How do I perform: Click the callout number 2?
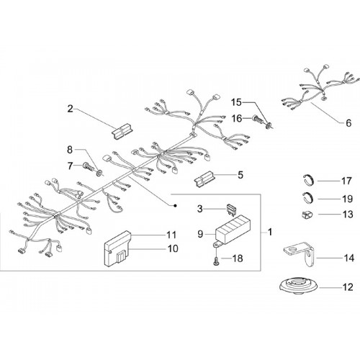[70, 109]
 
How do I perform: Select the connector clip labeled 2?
[122, 131]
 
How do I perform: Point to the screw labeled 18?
[217, 261]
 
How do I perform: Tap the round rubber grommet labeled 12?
[300, 286]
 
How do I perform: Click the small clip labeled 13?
[307, 215]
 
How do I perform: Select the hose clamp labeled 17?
[308, 180]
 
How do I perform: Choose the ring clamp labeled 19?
[307, 198]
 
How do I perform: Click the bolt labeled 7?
[87, 166]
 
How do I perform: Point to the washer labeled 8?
[99, 172]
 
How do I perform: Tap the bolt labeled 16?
[258, 118]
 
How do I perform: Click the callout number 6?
[348, 123]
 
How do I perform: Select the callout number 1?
[270, 232]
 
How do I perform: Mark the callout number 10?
[173, 248]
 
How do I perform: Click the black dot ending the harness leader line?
[176, 205]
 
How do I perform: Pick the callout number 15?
[236, 102]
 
